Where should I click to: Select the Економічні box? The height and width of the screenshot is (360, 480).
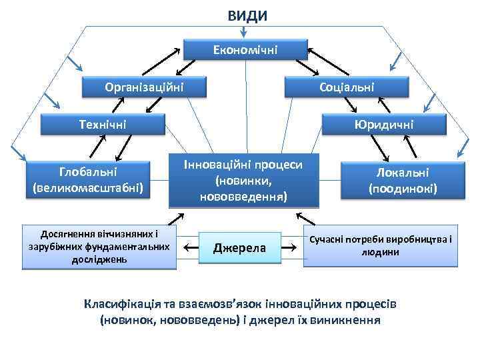pyautogui.click(x=245, y=49)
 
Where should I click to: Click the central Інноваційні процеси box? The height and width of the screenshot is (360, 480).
pyautogui.click(x=243, y=180)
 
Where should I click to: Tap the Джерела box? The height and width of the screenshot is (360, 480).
pyautogui.click(x=239, y=249)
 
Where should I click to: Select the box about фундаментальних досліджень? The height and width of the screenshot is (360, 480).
pyautogui.click(x=99, y=247)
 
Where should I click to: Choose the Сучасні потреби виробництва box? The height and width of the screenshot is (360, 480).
pyautogui.click(x=382, y=246)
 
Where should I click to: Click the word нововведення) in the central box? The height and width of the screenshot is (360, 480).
pyautogui.click(x=243, y=197)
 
